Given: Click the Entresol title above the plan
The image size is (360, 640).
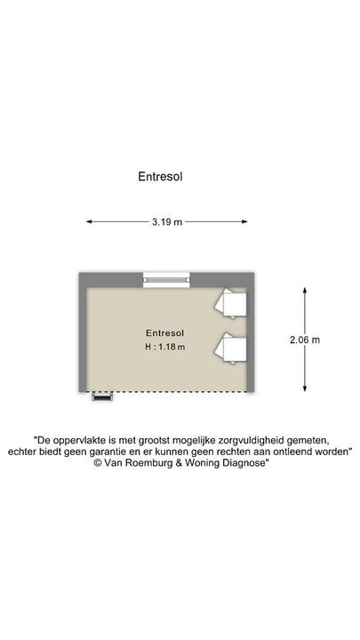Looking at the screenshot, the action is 160,177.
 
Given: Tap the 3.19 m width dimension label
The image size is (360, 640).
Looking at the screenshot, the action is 167,222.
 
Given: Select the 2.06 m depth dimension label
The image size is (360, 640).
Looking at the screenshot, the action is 305,340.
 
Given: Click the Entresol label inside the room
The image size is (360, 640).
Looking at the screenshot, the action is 165,333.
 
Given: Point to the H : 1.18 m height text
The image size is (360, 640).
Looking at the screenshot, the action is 165,348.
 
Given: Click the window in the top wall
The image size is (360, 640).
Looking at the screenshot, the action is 166,280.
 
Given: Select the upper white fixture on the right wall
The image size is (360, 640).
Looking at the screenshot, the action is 230,303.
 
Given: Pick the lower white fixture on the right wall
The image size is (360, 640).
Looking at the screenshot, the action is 230,348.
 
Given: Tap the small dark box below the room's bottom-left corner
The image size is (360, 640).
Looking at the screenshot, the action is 102,396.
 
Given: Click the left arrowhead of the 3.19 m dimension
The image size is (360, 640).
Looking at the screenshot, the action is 89,222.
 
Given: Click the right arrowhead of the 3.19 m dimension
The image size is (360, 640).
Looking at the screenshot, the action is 245,222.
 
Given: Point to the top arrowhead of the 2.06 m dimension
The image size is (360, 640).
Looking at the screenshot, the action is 305,290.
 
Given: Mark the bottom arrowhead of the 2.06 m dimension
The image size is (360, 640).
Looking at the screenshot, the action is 305,388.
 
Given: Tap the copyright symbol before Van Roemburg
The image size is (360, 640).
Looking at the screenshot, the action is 98,463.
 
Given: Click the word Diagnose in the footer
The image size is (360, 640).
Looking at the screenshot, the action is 245,463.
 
